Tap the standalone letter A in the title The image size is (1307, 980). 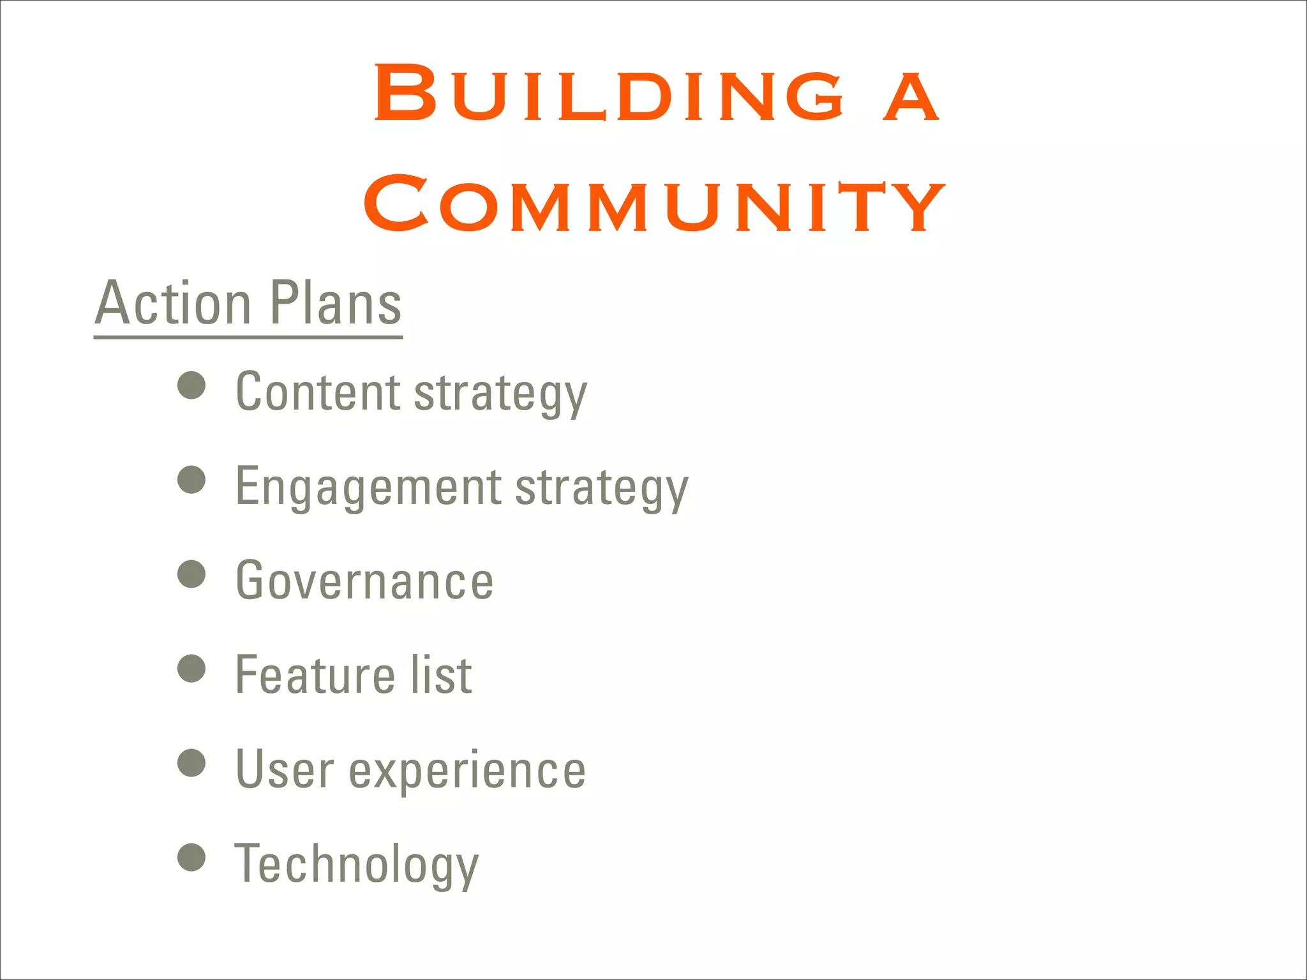point(911,96)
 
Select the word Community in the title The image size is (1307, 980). point(653,204)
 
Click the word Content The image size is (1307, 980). point(318,392)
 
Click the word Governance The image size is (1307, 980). point(364,581)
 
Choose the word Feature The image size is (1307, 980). point(315,675)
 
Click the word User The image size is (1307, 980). point(285,769)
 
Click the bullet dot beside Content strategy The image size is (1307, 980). point(191,385)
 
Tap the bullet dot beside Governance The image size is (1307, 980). point(191,574)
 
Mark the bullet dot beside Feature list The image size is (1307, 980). point(191,668)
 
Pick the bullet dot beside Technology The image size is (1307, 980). point(191,857)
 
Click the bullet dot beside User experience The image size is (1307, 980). point(191,762)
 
